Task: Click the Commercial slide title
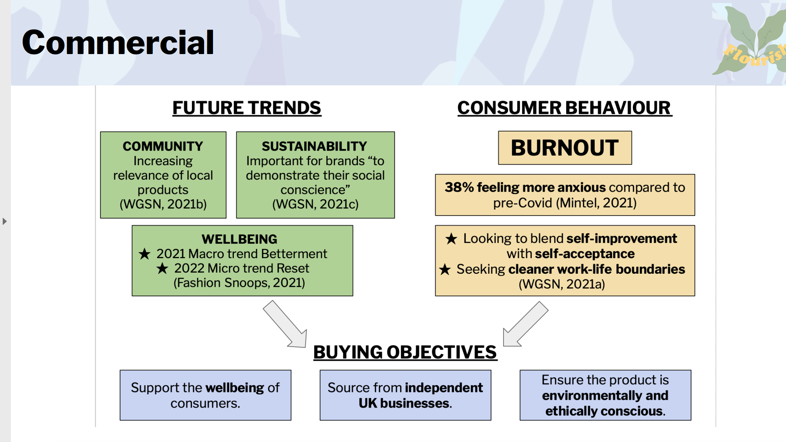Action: coord(118,42)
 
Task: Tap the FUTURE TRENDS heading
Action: coord(247,108)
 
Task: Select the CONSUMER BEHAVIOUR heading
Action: coord(564,108)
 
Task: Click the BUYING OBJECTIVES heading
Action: coord(405,352)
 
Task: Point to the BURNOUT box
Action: coord(565,148)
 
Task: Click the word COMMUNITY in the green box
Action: coord(163,146)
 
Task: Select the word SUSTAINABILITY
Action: coord(314,146)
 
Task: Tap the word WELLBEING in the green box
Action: coord(240,239)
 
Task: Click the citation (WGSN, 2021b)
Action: coord(163,204)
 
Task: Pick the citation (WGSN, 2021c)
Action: coord(315,204)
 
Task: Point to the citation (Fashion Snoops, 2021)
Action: coord(239,283)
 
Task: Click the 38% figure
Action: coord(459,187)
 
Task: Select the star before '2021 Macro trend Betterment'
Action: coord(145,254)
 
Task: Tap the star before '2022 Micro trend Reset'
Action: coord(162,268)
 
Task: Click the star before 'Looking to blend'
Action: coord(452,239)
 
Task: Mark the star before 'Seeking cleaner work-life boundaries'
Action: coord(445,269)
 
